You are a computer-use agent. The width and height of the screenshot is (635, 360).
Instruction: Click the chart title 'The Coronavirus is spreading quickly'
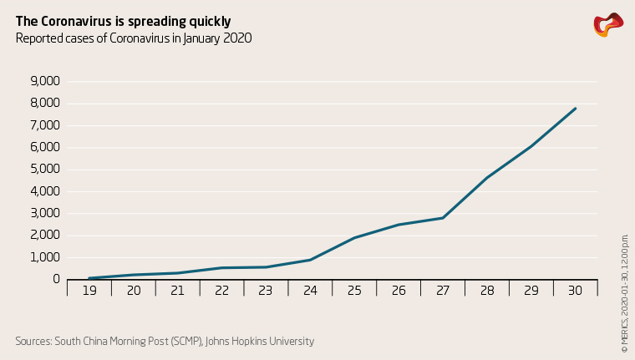pyautogui.click(x=123, y=21)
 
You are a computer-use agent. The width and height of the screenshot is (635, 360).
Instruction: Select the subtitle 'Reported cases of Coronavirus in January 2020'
pyautogui.click(x=134, y=38)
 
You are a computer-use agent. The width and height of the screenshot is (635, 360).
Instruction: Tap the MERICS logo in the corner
pyautogui.click(x=607, y=24)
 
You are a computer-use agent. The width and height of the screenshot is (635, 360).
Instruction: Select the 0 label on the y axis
pyautogui.click(x=56, y=279)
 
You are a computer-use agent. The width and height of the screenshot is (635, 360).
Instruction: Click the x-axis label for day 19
pyautogui.click(x=89, y=291)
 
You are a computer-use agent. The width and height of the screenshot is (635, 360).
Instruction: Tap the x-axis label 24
pyautogui.click(x=310, y=291)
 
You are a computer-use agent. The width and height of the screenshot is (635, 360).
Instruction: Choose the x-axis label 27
pyautogui.click(x=443, y=291)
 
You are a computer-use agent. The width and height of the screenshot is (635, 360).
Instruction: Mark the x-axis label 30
pyautogui.click(x=575, y=291)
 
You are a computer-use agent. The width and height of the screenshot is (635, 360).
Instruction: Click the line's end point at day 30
pyautogui.click(x=575, y=109)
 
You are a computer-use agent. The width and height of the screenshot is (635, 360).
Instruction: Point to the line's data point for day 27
pyautogui.click(x=443, y=218)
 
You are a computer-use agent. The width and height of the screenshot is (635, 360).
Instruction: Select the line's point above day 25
pyautogui.click(x=354, y=238)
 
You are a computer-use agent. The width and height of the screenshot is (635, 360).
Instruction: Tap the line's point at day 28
pyautogui.click(x=487, y=177)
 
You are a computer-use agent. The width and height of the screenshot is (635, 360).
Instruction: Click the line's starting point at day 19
pyautogui.click(x=89, y=278)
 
